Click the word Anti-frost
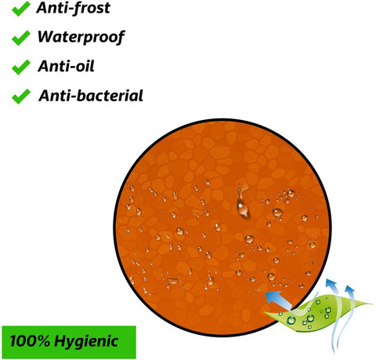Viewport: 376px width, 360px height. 74,8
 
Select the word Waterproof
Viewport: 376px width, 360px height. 81,38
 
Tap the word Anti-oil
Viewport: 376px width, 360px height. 66,66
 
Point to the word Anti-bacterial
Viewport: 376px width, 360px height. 91,96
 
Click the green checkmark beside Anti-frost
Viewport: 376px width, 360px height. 20,9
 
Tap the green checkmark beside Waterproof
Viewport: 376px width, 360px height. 20,38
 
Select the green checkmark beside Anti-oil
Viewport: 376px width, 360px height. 20,67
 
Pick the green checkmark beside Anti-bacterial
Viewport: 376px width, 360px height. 20,96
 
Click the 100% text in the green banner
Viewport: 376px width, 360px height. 30,341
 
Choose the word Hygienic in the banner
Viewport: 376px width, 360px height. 86,342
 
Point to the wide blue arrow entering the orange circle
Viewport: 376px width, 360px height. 278,300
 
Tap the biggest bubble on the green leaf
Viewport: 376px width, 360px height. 291,320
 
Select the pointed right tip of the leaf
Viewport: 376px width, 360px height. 371,304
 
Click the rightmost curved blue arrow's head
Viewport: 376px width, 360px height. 349,289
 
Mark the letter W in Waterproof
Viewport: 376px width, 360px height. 46,36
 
